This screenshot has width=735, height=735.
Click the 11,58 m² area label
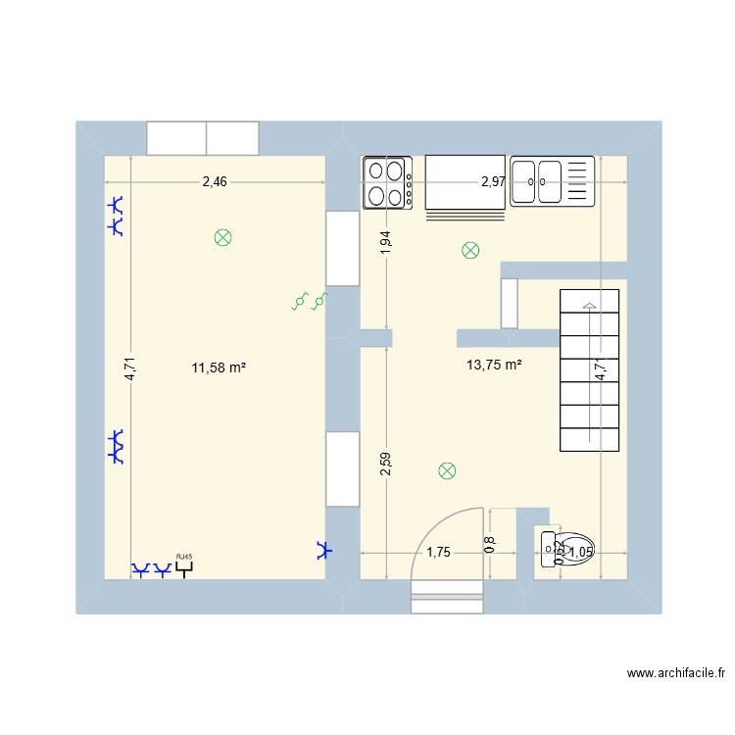click(x=219, y=368)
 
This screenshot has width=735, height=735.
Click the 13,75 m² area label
click(x=494, y=365)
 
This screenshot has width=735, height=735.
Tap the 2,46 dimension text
click(x=215, y=181)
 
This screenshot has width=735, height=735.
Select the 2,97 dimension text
click(x=493, y=181)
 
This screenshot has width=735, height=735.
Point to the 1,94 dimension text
click(x=386, y=243)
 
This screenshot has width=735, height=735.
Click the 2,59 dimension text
click(x=386, y=463)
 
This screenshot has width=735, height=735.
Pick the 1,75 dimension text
click(x=437, y=553)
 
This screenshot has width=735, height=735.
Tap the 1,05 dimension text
click(x=581, y=553)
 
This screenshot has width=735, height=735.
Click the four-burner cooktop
click(x=387, y=182)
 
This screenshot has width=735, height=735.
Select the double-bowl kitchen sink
click(x=552, y=181)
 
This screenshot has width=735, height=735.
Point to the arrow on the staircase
click(x=589, y=307)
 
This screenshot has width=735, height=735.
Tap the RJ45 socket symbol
click(x=183, y=565)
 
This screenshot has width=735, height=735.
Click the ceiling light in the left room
click(x=223, y=237)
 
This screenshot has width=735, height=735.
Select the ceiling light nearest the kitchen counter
click(x=470, y=251)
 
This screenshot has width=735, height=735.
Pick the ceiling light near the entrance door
click(x=447, y=471)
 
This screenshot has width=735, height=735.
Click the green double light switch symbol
click(x=309, y=302)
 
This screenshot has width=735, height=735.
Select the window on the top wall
click(x=203, y=138)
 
